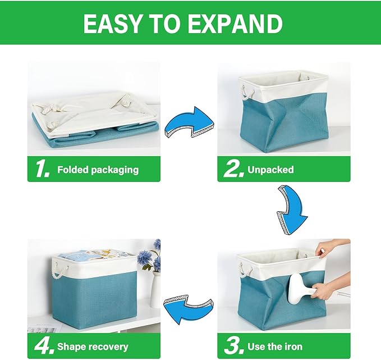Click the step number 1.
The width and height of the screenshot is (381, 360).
coord(42,169)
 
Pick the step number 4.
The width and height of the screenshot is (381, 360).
coord(43,346)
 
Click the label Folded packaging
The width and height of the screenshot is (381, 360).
coord(98,170)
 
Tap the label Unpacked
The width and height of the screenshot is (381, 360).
coord(271,170)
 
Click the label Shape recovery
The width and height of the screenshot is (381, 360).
coord(93,347)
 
